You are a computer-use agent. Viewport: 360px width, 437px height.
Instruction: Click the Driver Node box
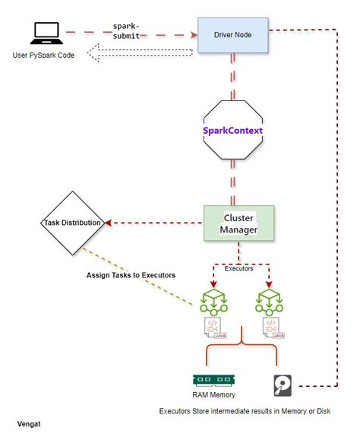pos(232,34)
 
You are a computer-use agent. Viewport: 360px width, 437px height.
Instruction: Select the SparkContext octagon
pos(233,131)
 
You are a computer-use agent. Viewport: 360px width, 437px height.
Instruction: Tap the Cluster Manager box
pos(238,223)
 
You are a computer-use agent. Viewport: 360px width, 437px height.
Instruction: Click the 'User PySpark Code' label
pos(45,55)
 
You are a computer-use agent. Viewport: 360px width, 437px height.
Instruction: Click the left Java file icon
pos(213,328)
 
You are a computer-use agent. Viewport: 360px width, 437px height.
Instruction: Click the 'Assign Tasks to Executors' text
pos(131,274)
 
